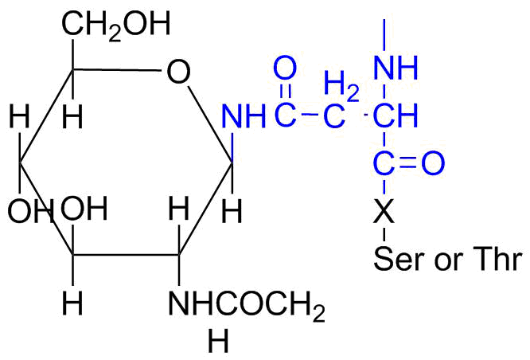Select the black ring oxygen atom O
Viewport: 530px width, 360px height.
tap(178, 72)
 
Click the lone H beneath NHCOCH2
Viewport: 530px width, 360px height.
tap(218, 340)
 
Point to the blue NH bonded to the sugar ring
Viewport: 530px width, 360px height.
tap(244, 116)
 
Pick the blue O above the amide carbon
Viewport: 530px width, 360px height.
tap(285, 68)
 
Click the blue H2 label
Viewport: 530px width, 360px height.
tap(341, 84)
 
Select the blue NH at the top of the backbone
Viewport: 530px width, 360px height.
tap(396, 68)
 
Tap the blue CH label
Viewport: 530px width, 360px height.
tap(396, 115)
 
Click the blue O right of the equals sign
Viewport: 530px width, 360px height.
tap(433, 163)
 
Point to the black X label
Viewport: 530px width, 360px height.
tap(384, 211)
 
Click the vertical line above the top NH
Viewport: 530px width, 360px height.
tap(384, 35)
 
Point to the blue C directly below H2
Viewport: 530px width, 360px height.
tap(334, 116)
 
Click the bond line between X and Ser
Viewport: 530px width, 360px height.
tap(384, 235)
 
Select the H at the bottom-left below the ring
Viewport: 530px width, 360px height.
tap(72, 303)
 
